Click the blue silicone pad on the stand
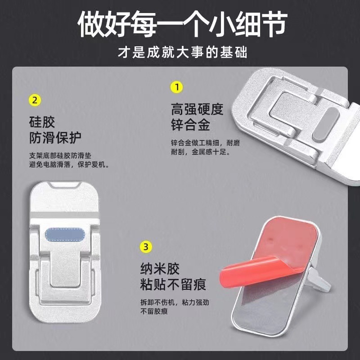click(67, 235)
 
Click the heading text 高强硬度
click(197, 108)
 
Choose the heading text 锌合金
click(191, 124)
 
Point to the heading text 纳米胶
click(160, 269)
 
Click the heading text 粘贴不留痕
click(173, 285)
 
